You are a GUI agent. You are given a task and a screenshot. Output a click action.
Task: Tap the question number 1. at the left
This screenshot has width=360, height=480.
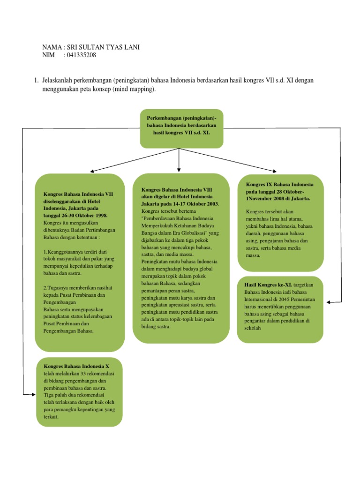(x=37, y=80)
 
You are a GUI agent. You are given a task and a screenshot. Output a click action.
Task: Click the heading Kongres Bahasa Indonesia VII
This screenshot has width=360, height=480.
(x=78, y=194)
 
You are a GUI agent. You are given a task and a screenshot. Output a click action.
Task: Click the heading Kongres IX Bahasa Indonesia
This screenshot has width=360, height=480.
(x=280, y=184)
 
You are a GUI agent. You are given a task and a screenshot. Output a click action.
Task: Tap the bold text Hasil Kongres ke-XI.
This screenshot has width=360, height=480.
(x=268, y=285)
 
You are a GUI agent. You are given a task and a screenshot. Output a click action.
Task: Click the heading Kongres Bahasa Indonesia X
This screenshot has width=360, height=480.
(x=76, y=366)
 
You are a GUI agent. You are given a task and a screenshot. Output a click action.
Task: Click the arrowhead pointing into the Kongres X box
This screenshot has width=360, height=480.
(x=33, y=394)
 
